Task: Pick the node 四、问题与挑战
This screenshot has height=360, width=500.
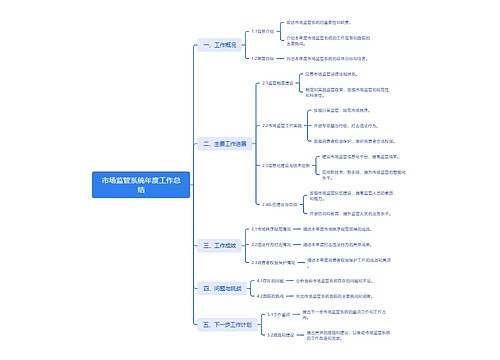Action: point(221,290)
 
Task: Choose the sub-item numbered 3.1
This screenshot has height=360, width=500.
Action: point(274,229)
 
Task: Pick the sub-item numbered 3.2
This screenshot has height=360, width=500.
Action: point(272,244)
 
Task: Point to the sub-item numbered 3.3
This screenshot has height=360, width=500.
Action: point(274,261)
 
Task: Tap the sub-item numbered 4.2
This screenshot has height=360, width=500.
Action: point(269,296)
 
